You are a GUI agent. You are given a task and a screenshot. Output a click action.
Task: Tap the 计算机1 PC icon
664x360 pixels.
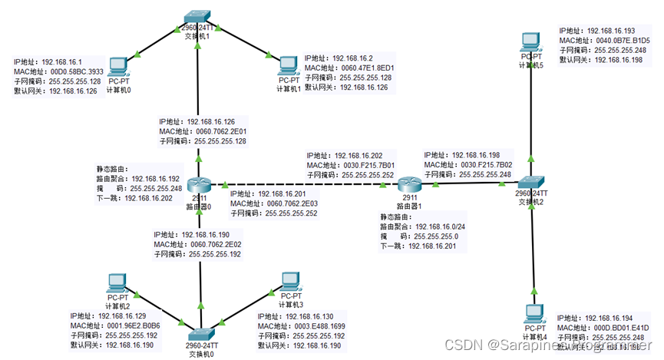pyautogui.click(x=288, y=65)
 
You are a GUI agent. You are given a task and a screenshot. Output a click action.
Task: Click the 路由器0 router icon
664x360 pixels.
pyautogui.click(x=200, y=185)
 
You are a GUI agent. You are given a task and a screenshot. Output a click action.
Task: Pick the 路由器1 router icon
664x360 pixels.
pyautogui.click(x=408, y=185)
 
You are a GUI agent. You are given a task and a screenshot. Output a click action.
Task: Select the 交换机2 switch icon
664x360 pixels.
pyautogui.click(x=531, y=183)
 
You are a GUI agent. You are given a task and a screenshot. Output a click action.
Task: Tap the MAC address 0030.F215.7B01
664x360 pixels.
pyautogui.click(x=366, y=165)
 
